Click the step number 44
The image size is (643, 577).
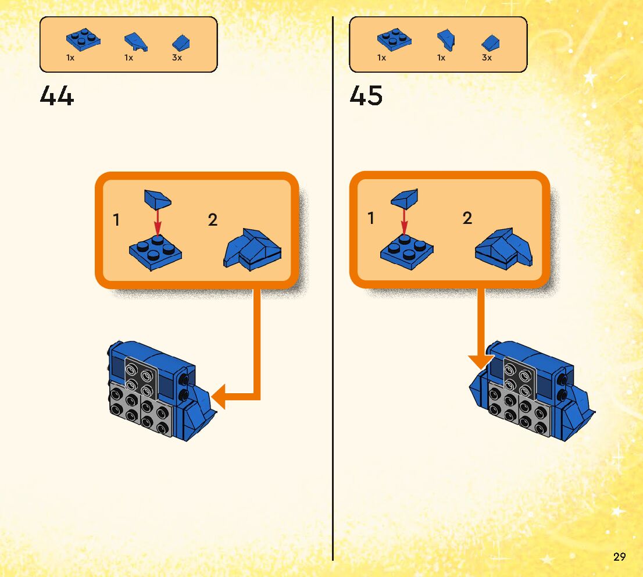(57, 96)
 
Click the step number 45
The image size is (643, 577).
(366, 96)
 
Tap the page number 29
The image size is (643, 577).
(619, 557)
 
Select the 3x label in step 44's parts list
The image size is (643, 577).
(177, 58)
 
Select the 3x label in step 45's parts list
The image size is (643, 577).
(487, 58)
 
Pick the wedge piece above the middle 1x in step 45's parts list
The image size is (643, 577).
(446, 40)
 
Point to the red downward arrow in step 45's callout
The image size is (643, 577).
(403, 221)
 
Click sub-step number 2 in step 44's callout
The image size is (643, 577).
(213, 220)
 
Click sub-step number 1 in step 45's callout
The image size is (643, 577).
(371, 219)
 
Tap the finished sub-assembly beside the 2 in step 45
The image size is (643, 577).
(503, 248)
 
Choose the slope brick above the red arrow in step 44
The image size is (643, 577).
(157, 199)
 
